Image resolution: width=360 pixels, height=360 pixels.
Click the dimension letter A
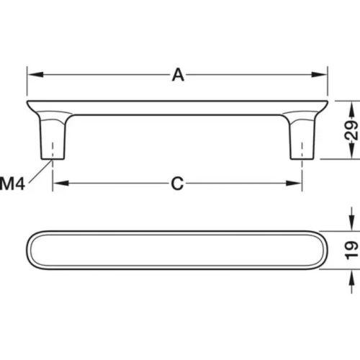click(x=178, y=75)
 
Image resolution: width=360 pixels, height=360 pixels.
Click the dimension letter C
click(x=177, y=184)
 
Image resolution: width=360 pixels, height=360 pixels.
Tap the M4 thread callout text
click(x=12, y=184)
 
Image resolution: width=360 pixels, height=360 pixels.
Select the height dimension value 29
click(x=351, y=130)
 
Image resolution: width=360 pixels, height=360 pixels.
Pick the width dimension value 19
click(x=351, y=251)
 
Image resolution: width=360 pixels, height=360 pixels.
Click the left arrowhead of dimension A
click(x=35, y=74)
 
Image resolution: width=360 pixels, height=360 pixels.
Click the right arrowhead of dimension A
click(x=319, y=74)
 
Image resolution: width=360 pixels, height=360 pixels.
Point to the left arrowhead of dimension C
click(x=60, y=184)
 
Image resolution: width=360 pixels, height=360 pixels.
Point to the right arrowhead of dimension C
click(x=294, y=184)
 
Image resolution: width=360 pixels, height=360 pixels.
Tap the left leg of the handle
click(x=53, y=138)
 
